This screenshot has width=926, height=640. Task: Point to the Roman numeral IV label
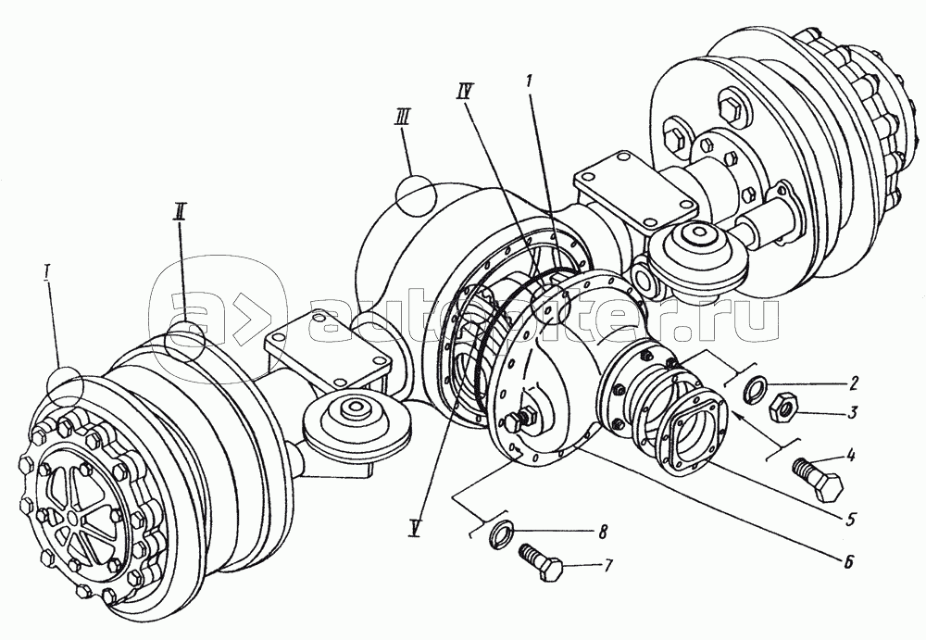pos(465,93)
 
